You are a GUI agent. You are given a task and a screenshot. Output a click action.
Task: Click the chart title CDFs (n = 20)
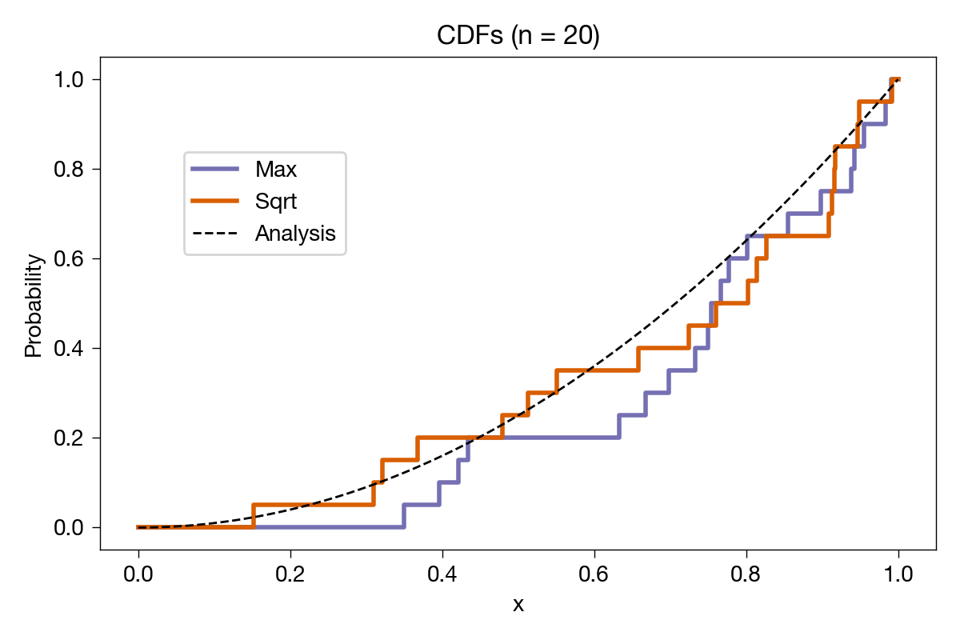point(518,35)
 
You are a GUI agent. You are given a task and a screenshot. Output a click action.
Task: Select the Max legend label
point(275,170)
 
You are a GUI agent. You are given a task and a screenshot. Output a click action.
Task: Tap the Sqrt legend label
point(275,202)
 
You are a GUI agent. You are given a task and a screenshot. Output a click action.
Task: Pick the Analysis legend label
point(295,234)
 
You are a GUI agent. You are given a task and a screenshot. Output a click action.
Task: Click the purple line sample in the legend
point(214,169)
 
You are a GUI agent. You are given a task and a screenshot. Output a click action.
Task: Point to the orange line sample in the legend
point(214,201)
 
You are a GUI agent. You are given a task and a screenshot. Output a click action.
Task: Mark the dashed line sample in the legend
point(214,233)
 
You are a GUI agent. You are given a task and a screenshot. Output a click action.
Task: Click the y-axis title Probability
point(33,306)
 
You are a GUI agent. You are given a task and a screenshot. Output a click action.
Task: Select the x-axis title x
point(518,605)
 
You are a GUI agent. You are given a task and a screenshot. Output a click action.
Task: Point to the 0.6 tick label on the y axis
point(69,259)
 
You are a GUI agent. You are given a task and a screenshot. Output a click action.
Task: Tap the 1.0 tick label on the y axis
point(69,80)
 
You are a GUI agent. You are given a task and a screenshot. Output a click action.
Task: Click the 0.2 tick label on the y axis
point(69,438)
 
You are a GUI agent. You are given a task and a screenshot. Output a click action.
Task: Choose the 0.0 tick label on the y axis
point(69,528)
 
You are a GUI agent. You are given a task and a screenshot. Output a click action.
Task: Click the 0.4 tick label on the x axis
point(442,574)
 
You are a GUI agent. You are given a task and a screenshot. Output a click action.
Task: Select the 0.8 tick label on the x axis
point(746,574)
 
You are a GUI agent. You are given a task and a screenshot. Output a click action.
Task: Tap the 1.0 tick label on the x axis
point(898,574)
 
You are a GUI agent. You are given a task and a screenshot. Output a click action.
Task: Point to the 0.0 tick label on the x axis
point(138,574)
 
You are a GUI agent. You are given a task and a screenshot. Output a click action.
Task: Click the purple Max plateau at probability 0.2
point(561,438)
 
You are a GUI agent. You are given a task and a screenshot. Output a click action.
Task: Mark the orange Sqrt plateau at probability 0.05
point(314,505)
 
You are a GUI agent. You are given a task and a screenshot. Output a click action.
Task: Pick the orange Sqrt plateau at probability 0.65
point(797,236)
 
